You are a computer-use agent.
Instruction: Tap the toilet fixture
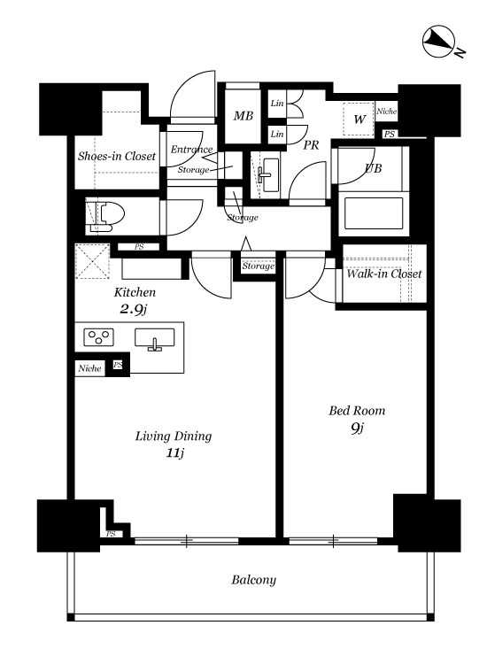pos(107,215)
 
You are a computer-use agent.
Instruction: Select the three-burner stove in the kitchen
pos(98,337)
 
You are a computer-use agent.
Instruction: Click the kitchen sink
pos(155,339)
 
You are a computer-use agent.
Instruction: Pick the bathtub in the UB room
pos(374,213)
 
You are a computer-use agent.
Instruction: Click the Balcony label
pos(253,580)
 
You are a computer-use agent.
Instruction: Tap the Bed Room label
pos(357,410)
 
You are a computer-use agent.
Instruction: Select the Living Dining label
pos(174,436)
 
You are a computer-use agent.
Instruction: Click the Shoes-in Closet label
pos(117,156)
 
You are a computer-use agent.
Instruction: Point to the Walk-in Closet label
pos(384,274)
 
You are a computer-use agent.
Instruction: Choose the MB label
pos(243,116)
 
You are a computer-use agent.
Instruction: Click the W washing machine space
pos(359,120)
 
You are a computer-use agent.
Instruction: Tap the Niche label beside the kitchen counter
pos(89,368)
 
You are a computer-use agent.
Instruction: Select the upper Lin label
pos(277,103)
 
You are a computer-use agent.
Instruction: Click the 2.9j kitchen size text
pos(134,310)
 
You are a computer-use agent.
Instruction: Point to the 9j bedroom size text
pos(357,429)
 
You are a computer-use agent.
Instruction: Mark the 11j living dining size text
pos(175,453)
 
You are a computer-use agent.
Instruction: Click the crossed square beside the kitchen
pos(92,261)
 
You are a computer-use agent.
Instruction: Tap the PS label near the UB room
pos(390,134)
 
